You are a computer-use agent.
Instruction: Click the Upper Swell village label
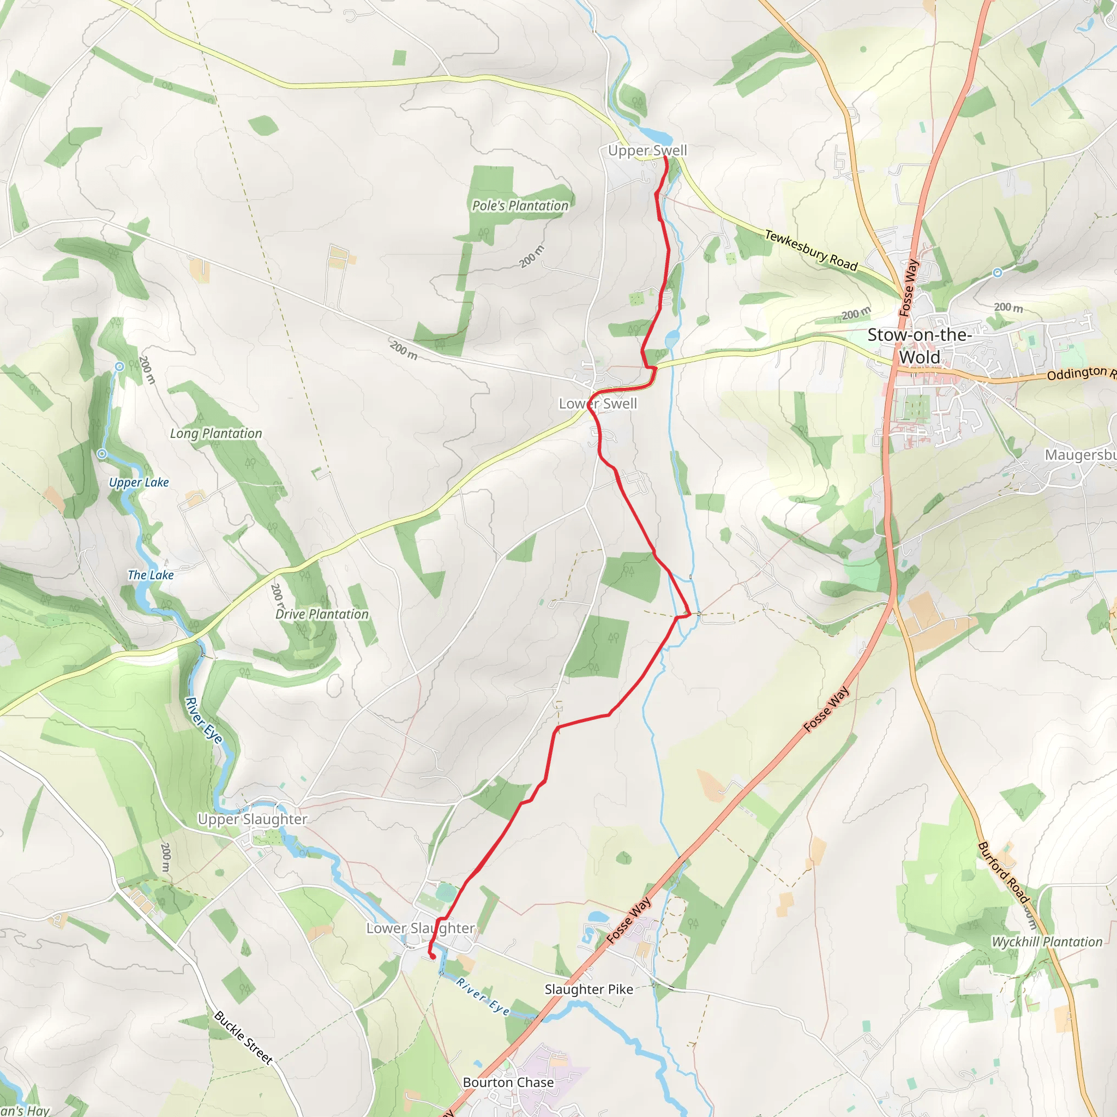coord(647,151)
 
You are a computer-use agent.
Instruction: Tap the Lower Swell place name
coord(597,404)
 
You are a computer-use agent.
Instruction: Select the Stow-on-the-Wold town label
coord(919,346)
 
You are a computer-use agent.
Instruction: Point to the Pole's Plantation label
coord(520,206)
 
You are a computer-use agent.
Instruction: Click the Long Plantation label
coord(215,434)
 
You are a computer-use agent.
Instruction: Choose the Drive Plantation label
coord(321,614)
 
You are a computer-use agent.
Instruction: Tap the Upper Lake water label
coord(139,482)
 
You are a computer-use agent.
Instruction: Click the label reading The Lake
coord(151,575)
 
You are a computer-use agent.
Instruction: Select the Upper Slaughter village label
coord(252,819)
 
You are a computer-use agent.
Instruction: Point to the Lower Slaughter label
coord(421,928)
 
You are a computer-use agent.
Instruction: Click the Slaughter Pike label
coord(588,989)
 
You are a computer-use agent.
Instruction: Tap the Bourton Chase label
coord(508,1082)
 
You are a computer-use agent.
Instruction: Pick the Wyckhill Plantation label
coord(1047,942)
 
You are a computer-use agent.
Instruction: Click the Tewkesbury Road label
coord(810,250)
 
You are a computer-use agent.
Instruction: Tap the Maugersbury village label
coord(1080,455)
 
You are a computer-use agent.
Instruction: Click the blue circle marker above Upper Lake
coord(119,367)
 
